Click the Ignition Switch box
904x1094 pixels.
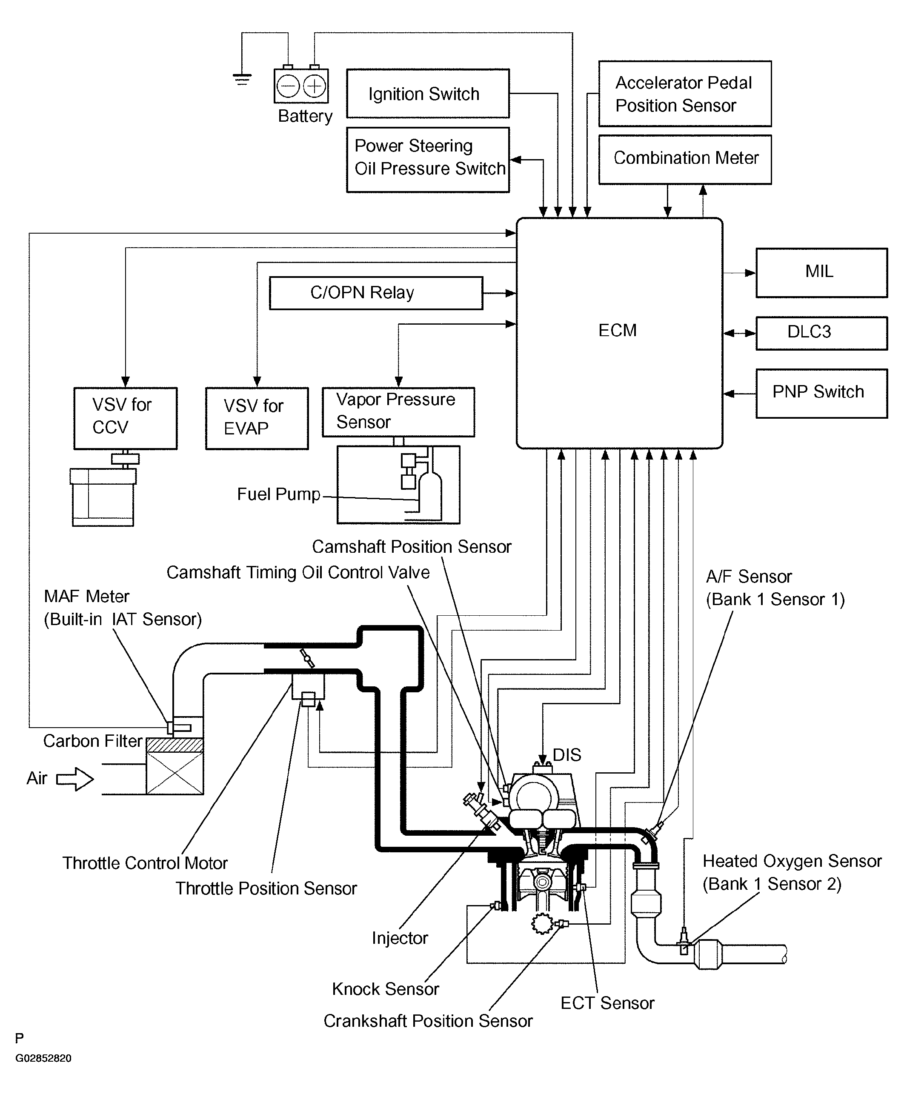pyautogui.click(x=427, y=94)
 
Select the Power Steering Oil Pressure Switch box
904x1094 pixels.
pyautogui.click(x=427, y=160)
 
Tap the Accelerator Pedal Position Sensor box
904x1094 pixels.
pyautogui.click(x=685, y=94)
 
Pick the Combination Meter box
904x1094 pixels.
pyautogui.click(x=685, y=159)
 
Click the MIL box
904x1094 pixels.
pyautogui.click(x=821, y=273)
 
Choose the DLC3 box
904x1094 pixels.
pyautogui.click(x=821, y=333)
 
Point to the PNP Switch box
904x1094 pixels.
pyautogui.click(x=821, y=394)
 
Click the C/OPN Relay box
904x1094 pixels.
pyautogui.click(x=376, y=293)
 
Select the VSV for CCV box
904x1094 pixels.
pyautogui.click(x=126, y=418)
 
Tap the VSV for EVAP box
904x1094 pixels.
pyautogui.click(x=257, y=418)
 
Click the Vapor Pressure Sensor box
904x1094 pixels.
pyautogui.click(x=398, y=412)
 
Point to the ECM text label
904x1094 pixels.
pyautogui.click(x=618, y=331)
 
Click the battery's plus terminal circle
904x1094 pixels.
pyautogui.click(x=315, y=86)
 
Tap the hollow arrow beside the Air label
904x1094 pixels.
pyautogui.click(x=75, y=779)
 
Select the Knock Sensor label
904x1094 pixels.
pyautogui.click(x=385, y=989)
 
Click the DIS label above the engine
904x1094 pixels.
pyautogui.click(x=566, y=755)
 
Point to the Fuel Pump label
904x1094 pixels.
pyautogui.click(x=279, y=494)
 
